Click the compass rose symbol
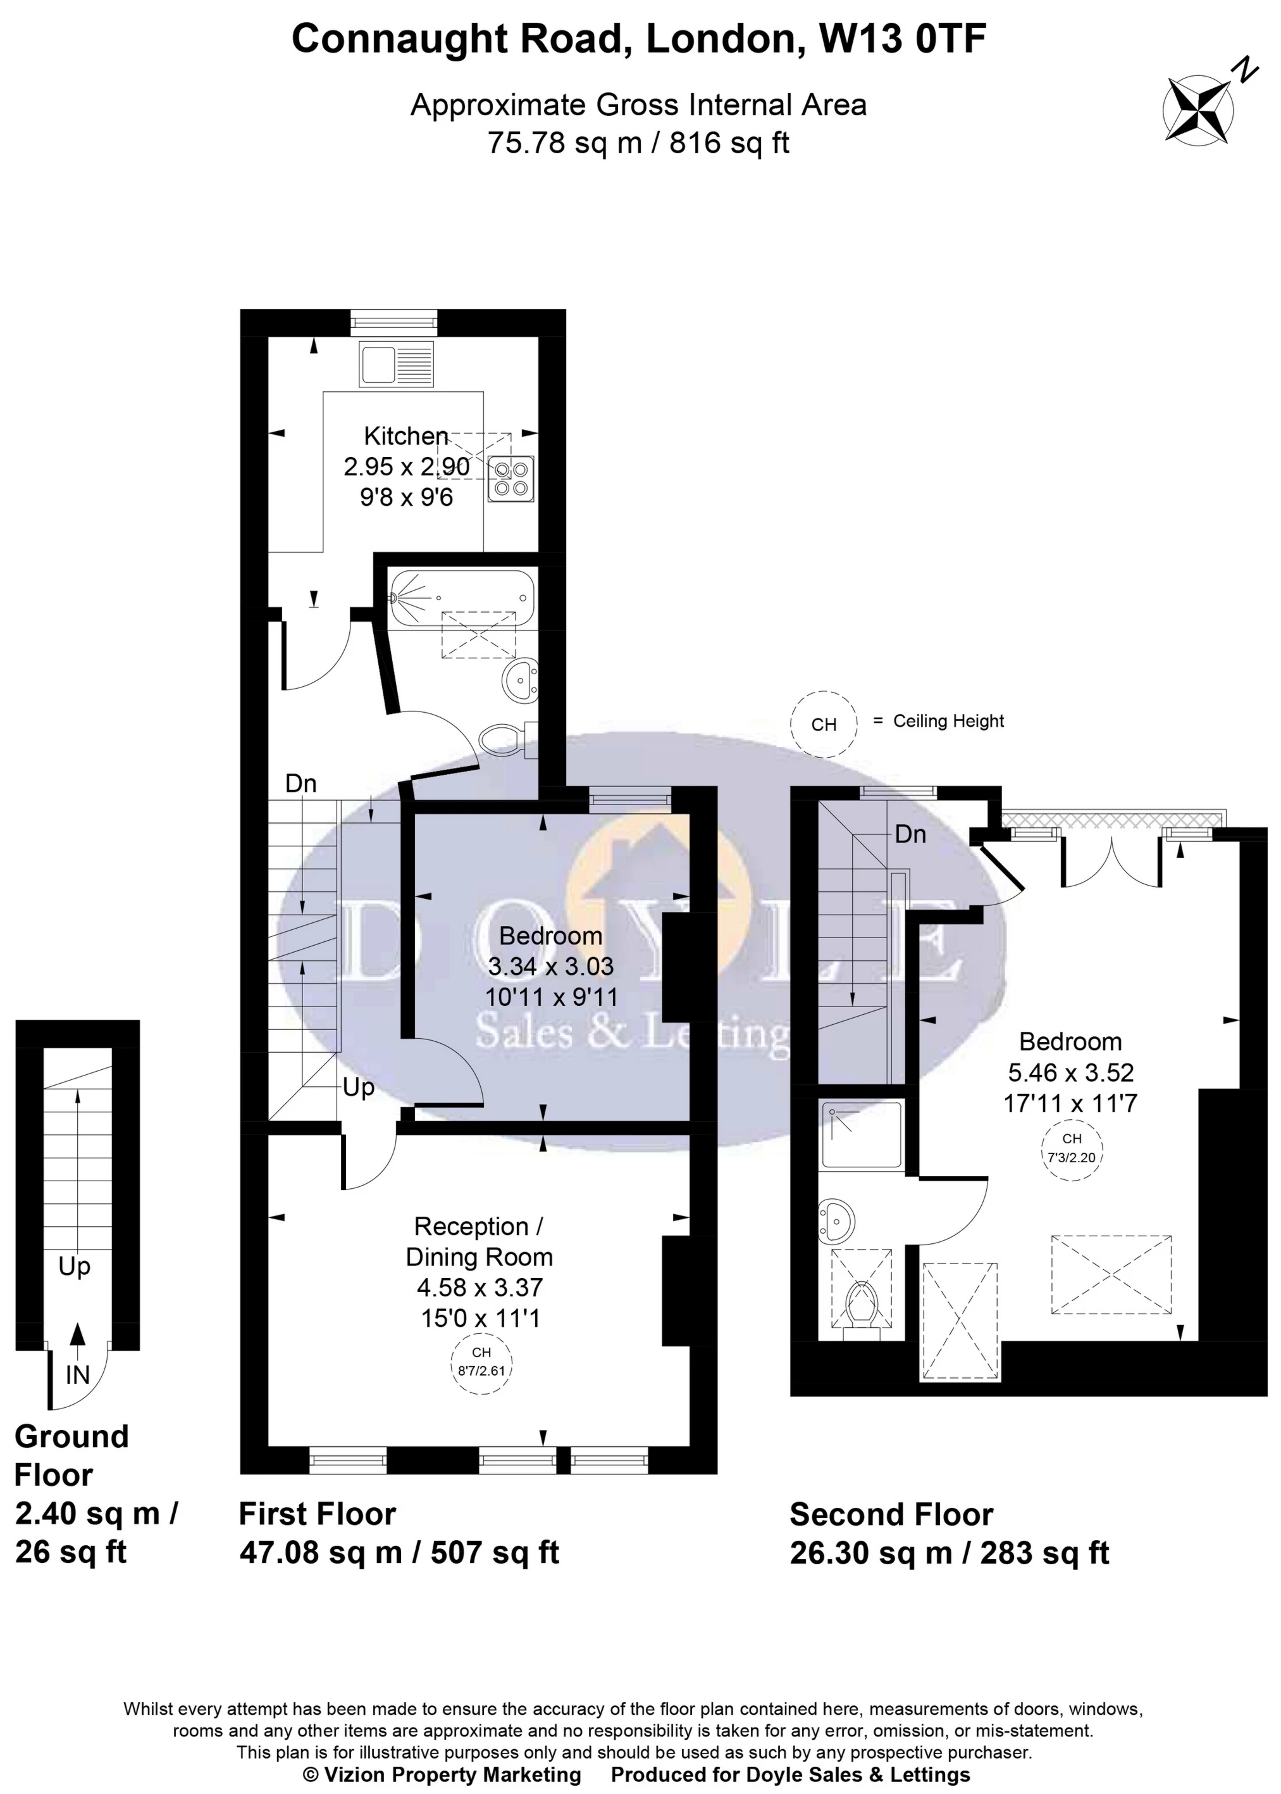pyautogui.click(x=1199, y=108)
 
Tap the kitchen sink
pyautogui.click(x=396, y=364)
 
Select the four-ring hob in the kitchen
pyautogui.click(x=511, y=479)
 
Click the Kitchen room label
pyautogui.click(x=405, y=436)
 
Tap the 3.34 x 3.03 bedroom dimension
pyautogui.click(x=550, y=966)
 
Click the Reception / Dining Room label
pyautogui.click(x=479, y=1241)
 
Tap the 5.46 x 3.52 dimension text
pyautogui.click(x=1070, y=1072)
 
